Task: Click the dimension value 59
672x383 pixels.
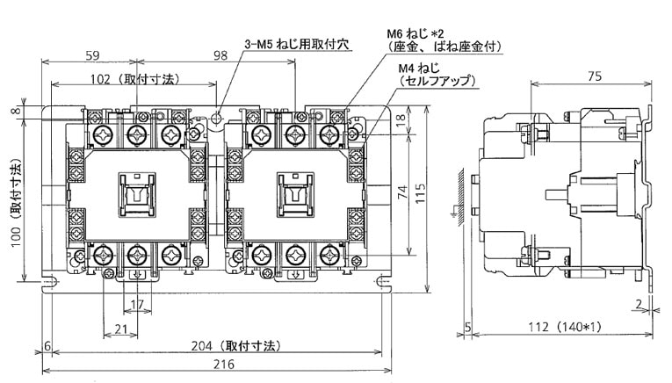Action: coord(91,55)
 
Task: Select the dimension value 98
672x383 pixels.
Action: coord(220,55)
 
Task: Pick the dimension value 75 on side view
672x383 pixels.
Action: coord(594,76)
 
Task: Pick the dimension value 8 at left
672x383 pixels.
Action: coord(16,112)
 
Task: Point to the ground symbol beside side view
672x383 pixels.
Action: coord(454,211)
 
